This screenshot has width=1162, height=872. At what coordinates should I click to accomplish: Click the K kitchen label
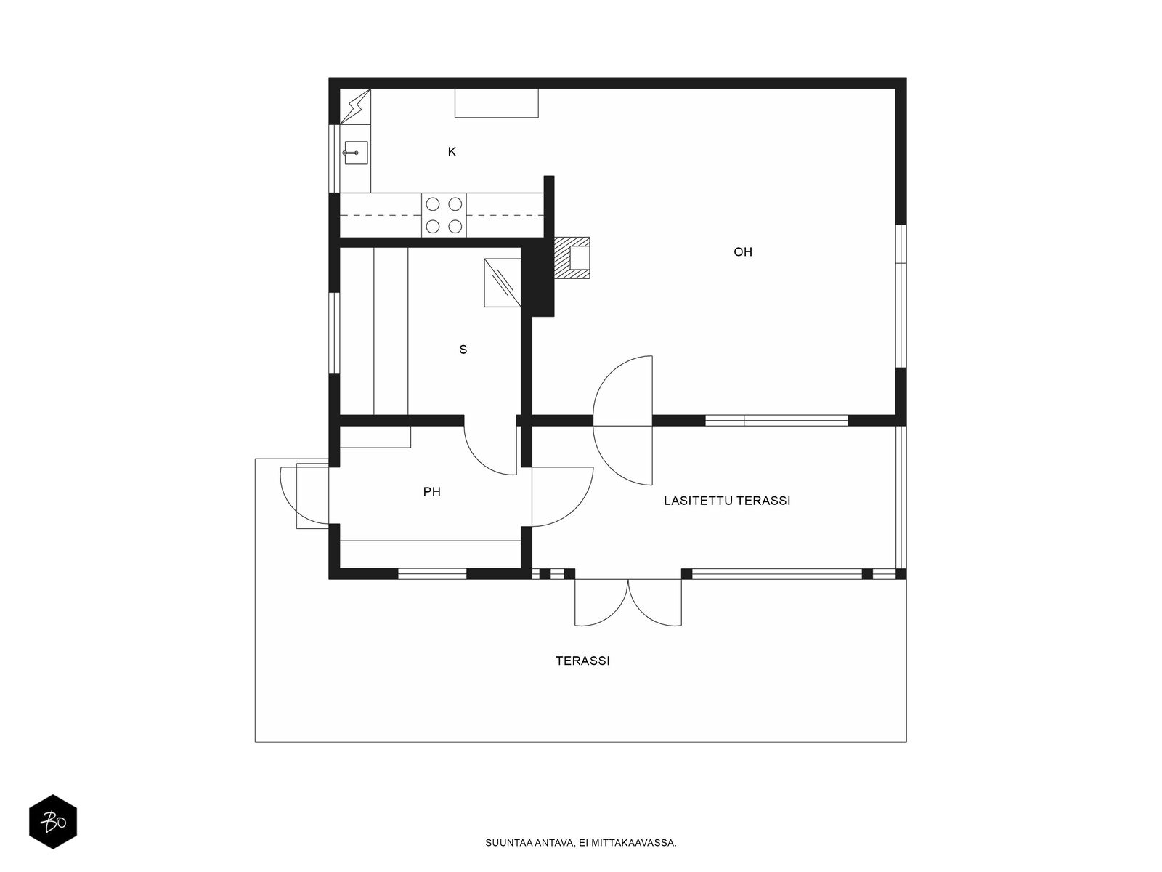pyautogui.click(x=452, y=152)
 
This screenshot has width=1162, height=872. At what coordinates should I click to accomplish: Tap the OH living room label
pyautogui.click(x=743, y=252)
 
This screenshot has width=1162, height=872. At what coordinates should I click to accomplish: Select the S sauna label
pyautogui.click(x=463, y=350)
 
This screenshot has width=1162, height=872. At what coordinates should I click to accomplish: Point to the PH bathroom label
pyautogui.click(x=432, y=492)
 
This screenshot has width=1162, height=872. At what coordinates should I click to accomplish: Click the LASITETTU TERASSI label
pyautogui.click(x=727, y=501)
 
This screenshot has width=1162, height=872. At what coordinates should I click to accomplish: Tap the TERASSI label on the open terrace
pyautogui.click(x=582, y=661)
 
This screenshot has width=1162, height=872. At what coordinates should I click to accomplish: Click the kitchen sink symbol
pyautogui.click(x=356, y=153)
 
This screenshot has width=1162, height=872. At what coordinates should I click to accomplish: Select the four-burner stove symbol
pyautogui.click(x=444, y=215)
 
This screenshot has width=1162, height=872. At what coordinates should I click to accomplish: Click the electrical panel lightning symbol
pyautogui.click(x=354, y=106)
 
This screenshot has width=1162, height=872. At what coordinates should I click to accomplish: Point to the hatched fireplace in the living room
pyautogui.click(x=572, y=258)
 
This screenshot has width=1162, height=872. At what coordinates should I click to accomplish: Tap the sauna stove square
pyautogui.click(x=503, y=283)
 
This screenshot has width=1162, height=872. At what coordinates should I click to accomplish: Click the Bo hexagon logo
pyautogui.click(x=53, y=822)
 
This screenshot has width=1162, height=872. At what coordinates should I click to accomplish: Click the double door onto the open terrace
pyautogui.click(x=628, y=602)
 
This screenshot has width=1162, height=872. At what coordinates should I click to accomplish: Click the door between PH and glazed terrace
pyautogui.click(x=562, y=496)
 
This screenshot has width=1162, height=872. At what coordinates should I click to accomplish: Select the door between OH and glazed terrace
pyautogui.click(x=623, y=421)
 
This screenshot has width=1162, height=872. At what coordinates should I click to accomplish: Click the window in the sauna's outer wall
pyautogui.click(x=334, y=333)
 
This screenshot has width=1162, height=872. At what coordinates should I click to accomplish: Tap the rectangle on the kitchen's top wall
pyautogui.click(x=497, y=102)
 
